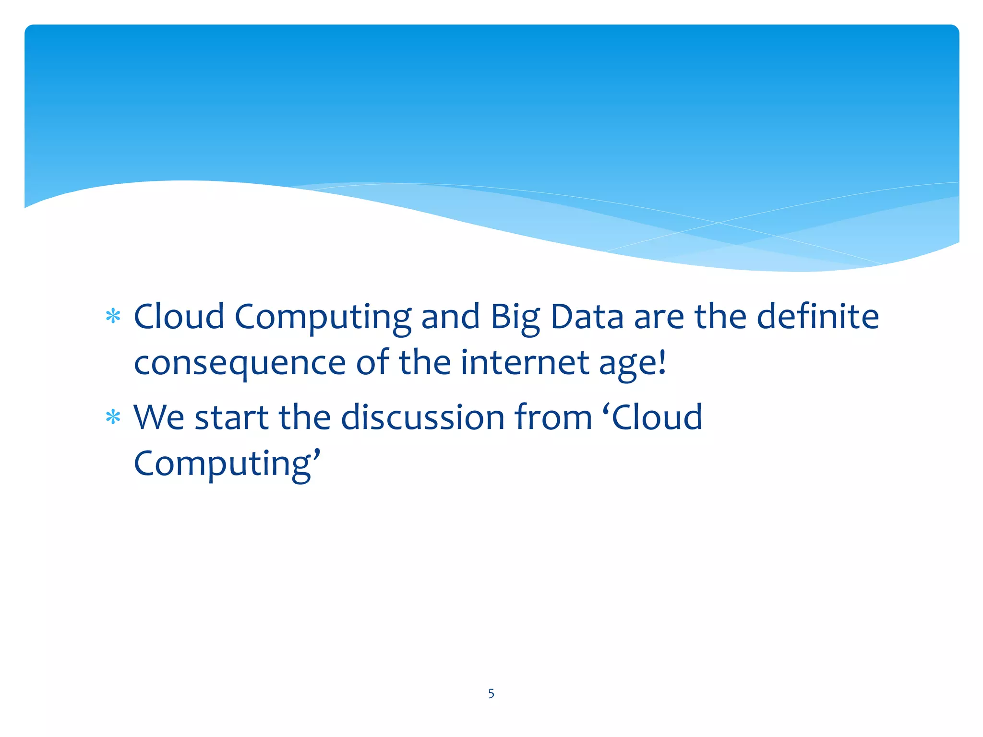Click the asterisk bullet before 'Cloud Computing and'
coord(113,317)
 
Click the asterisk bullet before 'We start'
coord(113,417)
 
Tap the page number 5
coord(491,693)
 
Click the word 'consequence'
coord(240,363)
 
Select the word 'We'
coord(158,417)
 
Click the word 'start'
coord(231,417)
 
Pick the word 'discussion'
coord(422,417)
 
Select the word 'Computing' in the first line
coord(323,318)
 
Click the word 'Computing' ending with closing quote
coord(226,464)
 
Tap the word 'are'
coord(659,318)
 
